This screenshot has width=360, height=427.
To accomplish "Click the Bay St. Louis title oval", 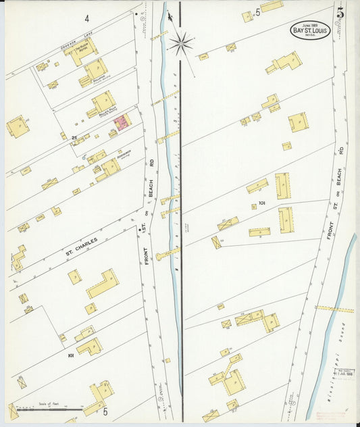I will (310, 30).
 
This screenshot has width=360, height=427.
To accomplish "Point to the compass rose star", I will (180, 44).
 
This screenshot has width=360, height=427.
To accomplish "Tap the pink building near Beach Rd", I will (122, 123).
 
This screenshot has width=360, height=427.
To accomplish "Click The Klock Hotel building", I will (82, 50).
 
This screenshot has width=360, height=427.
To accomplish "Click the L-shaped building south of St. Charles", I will (103, 283).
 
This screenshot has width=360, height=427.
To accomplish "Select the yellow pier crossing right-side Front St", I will (334, 309).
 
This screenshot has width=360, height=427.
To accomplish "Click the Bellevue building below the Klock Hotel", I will (95, 70).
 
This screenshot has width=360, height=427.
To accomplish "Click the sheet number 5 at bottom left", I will (105, 411).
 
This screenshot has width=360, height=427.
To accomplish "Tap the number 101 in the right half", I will (262, 202).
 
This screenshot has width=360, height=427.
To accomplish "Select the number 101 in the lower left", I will (70, 354).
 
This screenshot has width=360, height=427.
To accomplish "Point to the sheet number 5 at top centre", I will (257, 11).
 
